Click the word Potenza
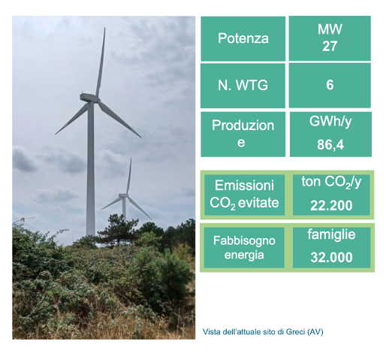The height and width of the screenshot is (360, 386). [243, 38]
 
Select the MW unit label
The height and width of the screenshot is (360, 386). [330, 29]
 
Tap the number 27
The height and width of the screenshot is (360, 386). [330, 46]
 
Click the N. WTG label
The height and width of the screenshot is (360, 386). [243, 85]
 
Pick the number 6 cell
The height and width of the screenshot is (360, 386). [330, 85]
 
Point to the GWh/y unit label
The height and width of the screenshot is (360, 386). [330, 123]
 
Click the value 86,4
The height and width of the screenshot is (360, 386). [330, 144]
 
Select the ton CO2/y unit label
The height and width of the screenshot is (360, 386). [331, 182]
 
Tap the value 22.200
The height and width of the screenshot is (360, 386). [331, 205]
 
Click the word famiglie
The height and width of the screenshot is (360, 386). [331, 235]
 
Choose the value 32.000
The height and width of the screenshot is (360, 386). [331, 257]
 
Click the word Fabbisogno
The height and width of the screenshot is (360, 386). [244, 241]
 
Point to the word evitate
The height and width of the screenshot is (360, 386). [258, 203]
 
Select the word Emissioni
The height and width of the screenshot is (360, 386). [244, 186]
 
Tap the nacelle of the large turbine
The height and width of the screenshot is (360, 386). [89, 98]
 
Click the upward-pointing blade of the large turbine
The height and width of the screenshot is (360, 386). [101, 62]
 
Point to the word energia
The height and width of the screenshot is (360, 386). [244, 256]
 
